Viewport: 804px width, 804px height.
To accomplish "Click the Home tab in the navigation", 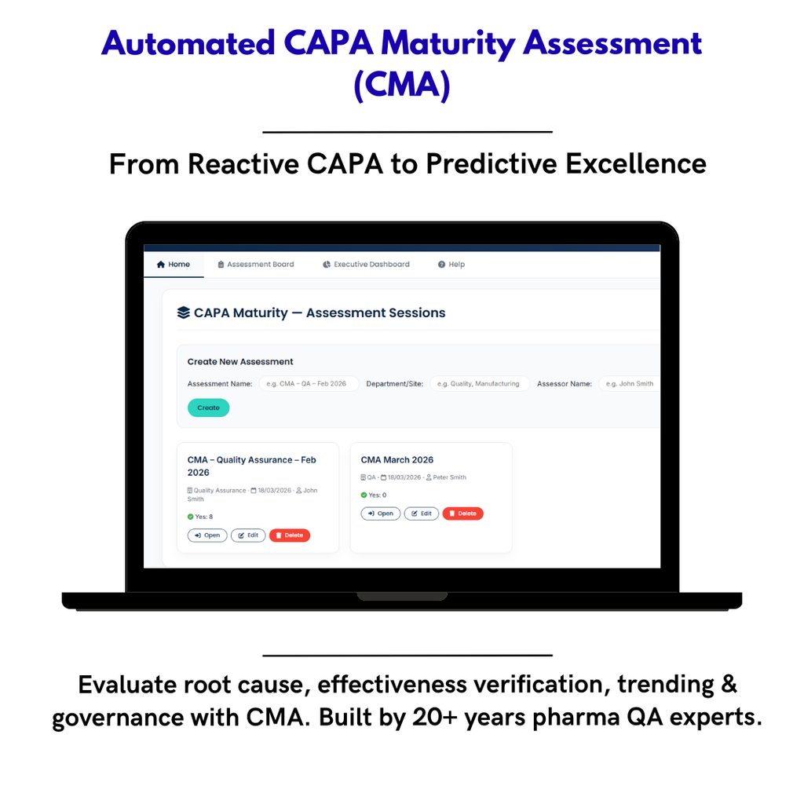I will pos(174,265).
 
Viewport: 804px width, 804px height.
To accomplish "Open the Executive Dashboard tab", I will pos(366,265).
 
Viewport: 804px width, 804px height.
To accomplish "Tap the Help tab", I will pos(451,265).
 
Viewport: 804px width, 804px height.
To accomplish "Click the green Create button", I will pos(208,407).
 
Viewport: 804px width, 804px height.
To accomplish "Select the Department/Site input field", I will pos(479,384).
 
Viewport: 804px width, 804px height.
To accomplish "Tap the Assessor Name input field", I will pos(628,384).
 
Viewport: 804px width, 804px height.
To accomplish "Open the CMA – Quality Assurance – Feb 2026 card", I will pos(207,535).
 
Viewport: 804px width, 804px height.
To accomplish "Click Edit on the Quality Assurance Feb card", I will pos(248,535).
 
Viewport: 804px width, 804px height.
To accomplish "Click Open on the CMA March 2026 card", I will pos(381,513).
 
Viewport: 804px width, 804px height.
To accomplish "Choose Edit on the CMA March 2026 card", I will pos(422,513).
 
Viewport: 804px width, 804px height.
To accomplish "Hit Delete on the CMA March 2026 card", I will pos(462,513).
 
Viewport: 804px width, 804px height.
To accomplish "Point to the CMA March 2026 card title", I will pos(397,460).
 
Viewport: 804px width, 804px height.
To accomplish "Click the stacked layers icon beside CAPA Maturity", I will pos(184,312).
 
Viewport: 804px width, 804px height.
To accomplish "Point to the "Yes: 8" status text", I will pos(200,517).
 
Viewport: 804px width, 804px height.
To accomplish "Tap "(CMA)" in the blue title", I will pos(401,85).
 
